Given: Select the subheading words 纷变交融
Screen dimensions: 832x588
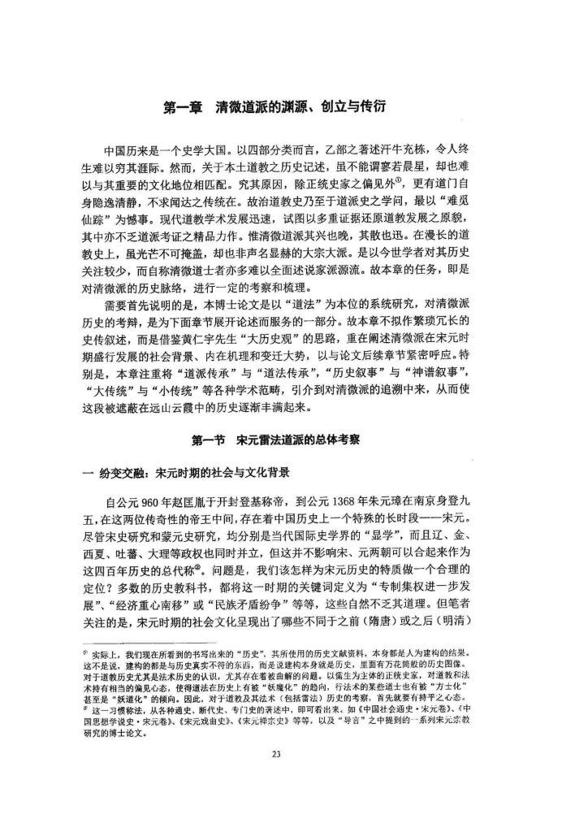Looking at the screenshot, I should (129, 471).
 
